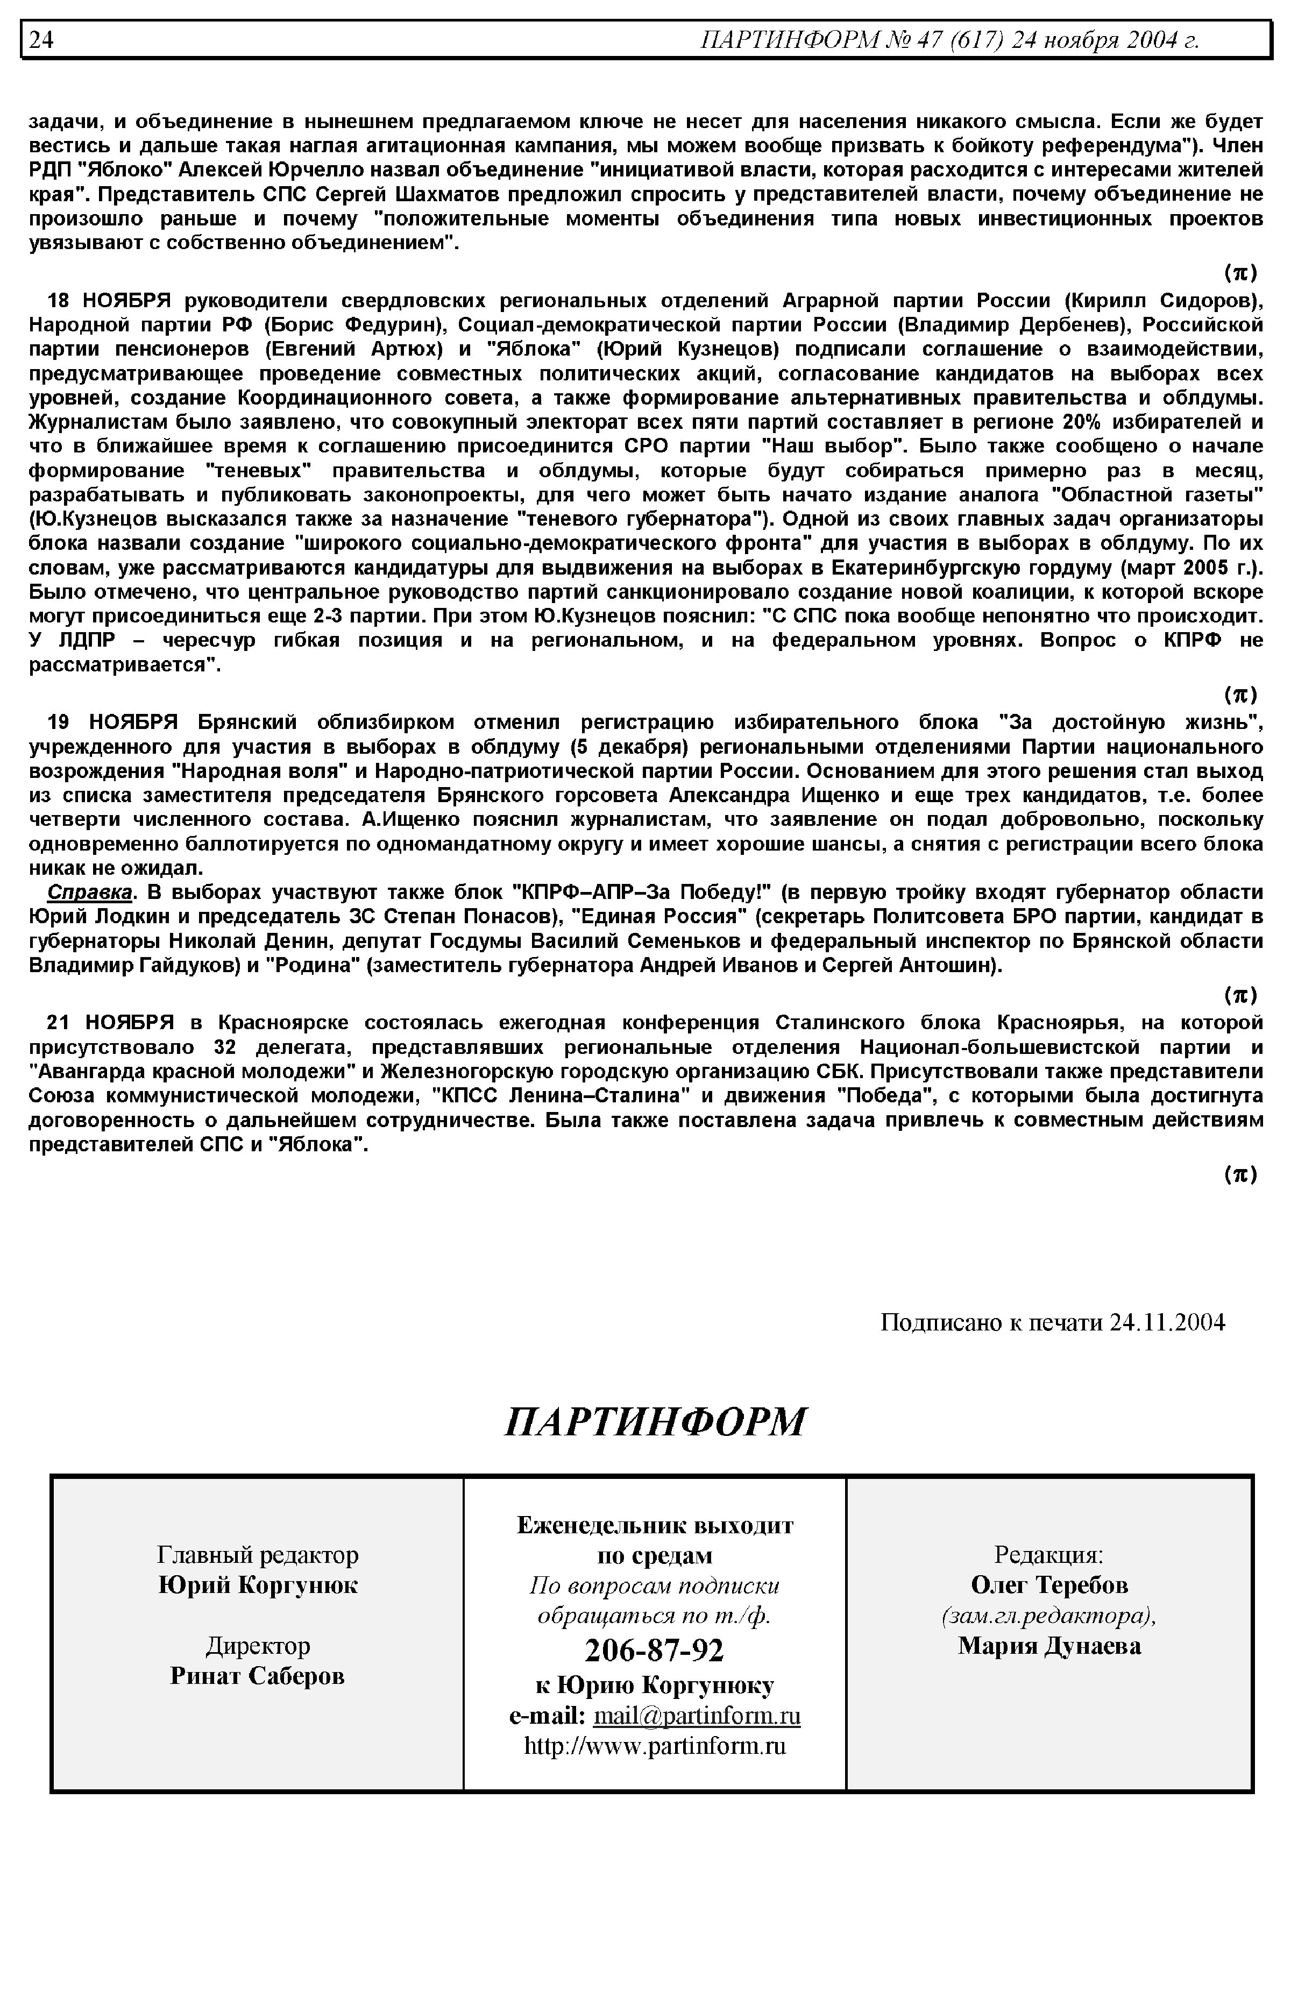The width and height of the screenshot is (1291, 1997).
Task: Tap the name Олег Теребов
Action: tap(1049, 1585)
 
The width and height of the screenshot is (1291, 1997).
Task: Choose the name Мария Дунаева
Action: tap(1049, 1646)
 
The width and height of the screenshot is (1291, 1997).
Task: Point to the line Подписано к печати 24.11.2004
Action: tap(1052, 1323)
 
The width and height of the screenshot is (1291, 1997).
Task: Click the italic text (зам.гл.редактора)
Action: tap(1049, 1616)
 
